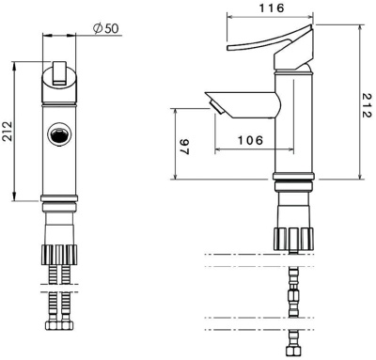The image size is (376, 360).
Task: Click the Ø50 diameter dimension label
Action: click(106, 28)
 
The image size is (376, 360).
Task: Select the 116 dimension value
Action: click(272, 8)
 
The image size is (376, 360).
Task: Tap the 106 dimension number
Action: click(250, 140)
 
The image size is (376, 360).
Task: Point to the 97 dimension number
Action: click(185, 147)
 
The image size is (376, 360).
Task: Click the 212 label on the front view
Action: click(8, 132)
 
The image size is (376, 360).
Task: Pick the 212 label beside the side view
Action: click(367, 105)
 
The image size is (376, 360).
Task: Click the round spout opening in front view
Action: click(59, 133)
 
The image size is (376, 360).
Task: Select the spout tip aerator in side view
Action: click(216, 106)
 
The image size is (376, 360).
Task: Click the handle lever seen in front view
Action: click(59, 72)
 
